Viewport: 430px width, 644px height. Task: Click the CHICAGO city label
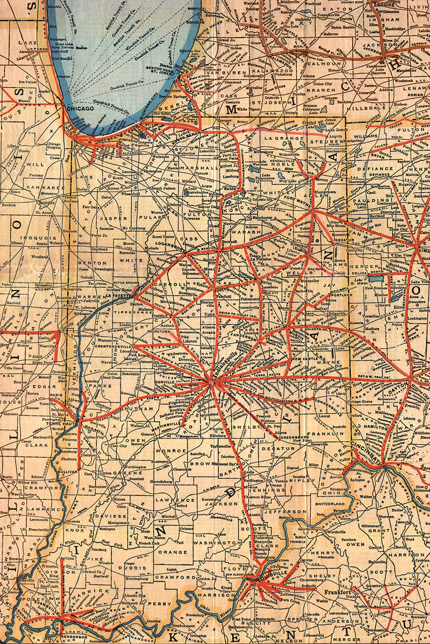(x=79, y=108)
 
